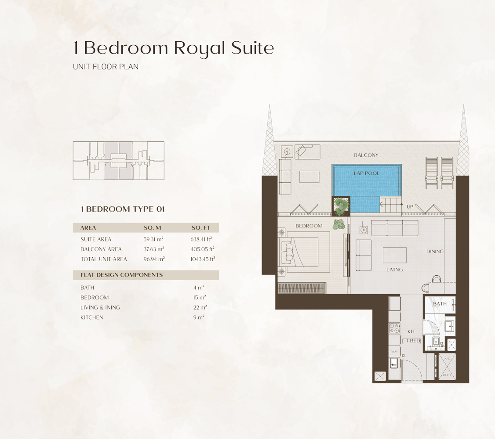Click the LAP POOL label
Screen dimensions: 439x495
tap(366, 173)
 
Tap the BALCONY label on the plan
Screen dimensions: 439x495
tap(366, 155)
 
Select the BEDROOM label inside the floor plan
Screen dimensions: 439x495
tap(309, 226)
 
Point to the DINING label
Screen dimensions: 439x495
tap(434, 252)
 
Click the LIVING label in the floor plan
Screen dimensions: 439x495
tap(394, 270)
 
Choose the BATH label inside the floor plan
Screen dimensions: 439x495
tap(440, 303)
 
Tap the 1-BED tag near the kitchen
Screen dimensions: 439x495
tap(412, 341)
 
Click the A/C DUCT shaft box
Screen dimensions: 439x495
tap(447, 367)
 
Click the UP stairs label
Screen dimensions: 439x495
tap(410, 206)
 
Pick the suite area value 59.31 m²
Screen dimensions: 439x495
tap(153, 239)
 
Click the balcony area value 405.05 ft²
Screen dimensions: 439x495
tap(202, 249)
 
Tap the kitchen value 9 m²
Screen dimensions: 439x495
tap(199, 317)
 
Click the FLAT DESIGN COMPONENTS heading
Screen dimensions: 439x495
tap(122, 275)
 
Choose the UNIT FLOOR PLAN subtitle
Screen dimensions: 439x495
tap(106, 67)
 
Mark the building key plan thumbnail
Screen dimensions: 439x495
tap(118, 161)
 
